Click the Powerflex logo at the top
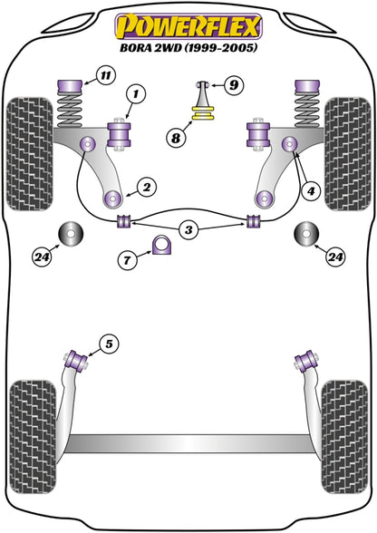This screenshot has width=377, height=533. [188, 26]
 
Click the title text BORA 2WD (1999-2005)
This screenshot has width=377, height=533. [188, 47]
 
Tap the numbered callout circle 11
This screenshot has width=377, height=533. [106, 74]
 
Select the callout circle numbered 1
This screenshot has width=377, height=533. [136, 93]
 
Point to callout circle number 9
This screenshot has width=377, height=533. [234, 84]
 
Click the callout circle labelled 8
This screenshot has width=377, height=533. [176, 138]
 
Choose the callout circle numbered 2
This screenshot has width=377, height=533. [147, 187]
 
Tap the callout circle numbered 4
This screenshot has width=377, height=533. [311, 191]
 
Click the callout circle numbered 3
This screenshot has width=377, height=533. [188, 230]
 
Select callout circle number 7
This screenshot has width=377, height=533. [127, 260]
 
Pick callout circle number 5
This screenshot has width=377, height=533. [109, 344]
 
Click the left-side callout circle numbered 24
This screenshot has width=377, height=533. [43, 257]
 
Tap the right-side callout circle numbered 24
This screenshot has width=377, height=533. [335, 257]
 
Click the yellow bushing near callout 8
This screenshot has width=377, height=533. [203, 113]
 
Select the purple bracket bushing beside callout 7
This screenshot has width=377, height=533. [162, 245]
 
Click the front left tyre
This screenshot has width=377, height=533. [30, 154]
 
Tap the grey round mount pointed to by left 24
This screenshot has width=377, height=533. [71, 234]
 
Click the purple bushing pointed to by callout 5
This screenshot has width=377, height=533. [76, 361]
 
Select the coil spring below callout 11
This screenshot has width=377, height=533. [71, 110]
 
